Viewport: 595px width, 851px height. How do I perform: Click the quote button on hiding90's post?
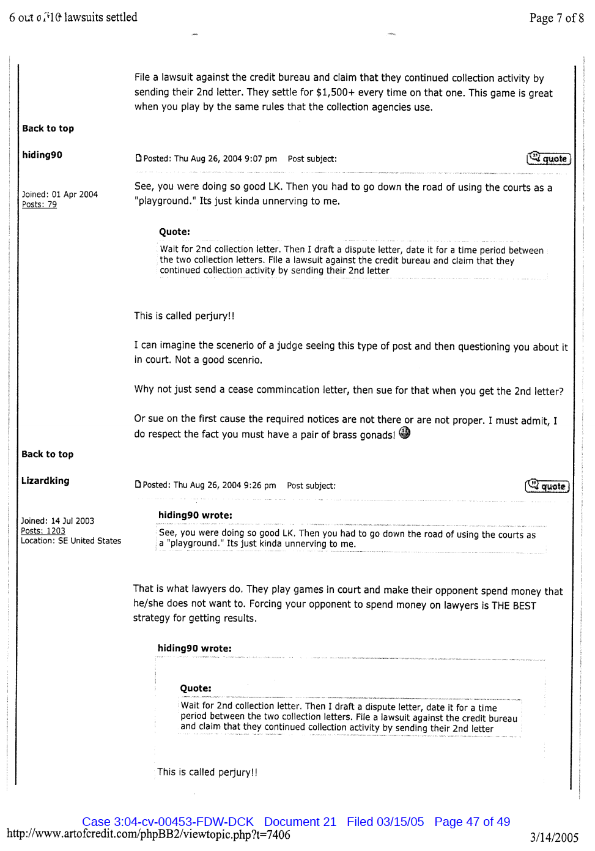pyautogui.click(x=549, y=159)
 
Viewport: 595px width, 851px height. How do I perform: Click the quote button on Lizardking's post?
pyautogui.click(x=547, y=486)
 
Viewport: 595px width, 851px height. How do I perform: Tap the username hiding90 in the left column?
pyautogui.click(x=42, y=155)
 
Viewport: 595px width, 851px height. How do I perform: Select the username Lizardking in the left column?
pyautogui.click(x=45, y=481)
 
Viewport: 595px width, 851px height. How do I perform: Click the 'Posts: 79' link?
pyautogui.click(x=39, y=204)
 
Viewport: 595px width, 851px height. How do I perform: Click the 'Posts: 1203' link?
pyautogui.click(x=43, y=531)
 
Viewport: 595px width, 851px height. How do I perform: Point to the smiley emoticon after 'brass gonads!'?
pyautogui.click(x=404, y=433)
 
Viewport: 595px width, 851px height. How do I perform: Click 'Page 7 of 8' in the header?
pyautogui.click(x=556, y=18)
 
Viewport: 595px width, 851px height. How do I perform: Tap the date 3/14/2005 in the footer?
pyautogui.click(x=553, y=838)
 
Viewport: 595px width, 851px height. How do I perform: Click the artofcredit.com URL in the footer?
pyautogui.click(x=149, y=834)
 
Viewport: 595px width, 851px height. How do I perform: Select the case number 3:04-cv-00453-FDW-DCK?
pyautogui.click(x=168, y=822)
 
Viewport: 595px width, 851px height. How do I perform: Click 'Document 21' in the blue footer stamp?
pyautogui.click(x=300, y=822)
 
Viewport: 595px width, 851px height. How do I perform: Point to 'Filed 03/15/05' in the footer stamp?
pyautogui.click(x=385, y=822)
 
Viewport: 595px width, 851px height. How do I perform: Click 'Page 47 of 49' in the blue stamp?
pyautogui.click(x=471, y=822)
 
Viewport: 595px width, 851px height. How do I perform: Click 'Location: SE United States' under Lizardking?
pyautogui.click(x=71, y=541)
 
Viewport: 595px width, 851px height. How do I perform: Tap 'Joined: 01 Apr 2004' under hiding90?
pyautogui.click(x=60, y=195)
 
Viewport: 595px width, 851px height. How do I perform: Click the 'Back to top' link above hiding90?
pyautogui.click(x=48, y=128)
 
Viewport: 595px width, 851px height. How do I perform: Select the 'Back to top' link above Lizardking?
pyautogui.click(x=47, y=454)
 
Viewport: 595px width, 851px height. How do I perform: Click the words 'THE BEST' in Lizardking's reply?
pyautogui.click(x=514, y=606)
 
